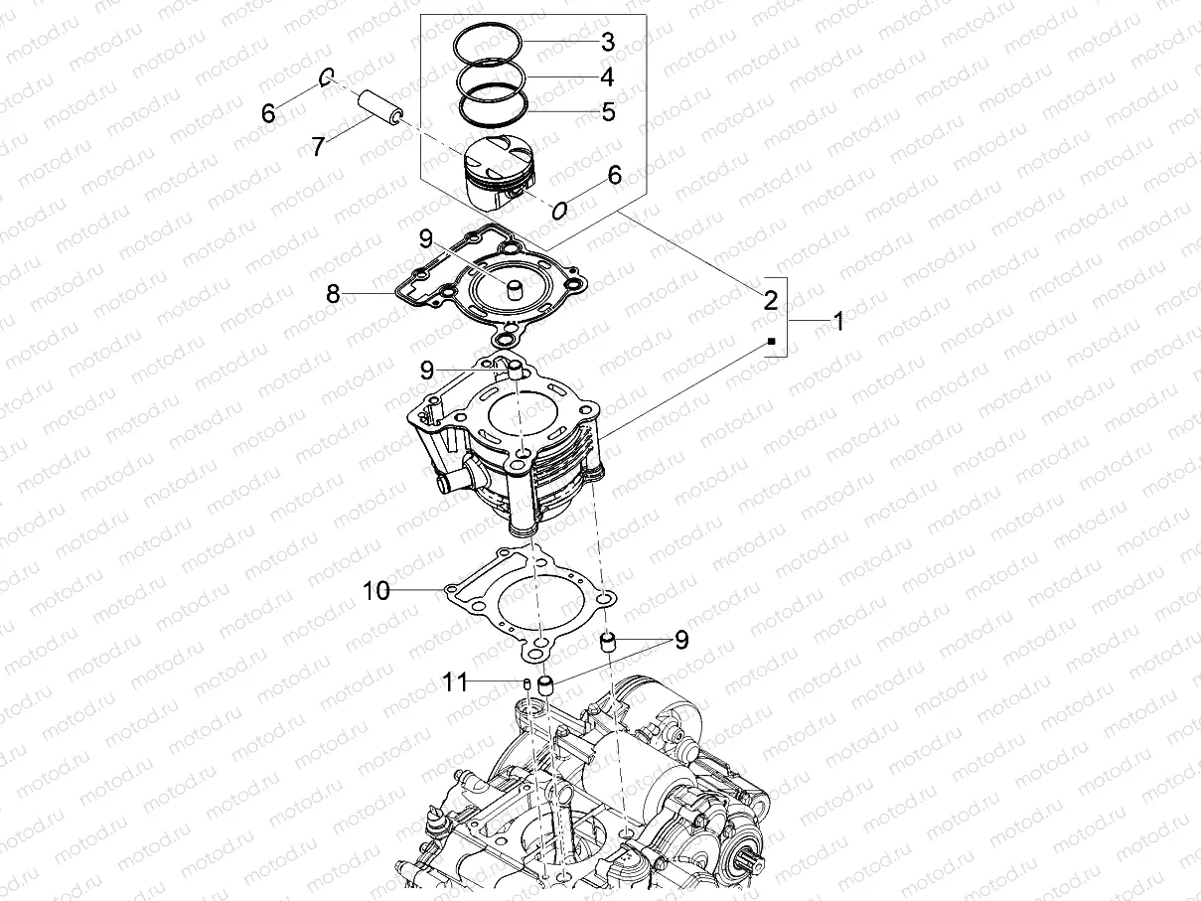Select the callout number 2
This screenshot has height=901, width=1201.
point(770,298)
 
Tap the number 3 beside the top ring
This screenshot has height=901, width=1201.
point(607,43)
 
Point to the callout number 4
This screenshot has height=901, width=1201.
point(607,77)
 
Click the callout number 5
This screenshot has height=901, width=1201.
point(608,112)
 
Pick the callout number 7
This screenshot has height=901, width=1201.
point(318,148)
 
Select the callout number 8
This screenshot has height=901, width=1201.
point(333,294)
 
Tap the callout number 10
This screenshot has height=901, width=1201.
point(376,592)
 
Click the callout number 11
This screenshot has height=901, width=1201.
point(455,681)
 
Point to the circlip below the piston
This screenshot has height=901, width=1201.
point(560,210)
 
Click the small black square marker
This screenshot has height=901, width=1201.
point(771,341)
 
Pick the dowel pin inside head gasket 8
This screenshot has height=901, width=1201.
point(516,291)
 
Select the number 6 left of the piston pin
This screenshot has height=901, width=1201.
point(268,113)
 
